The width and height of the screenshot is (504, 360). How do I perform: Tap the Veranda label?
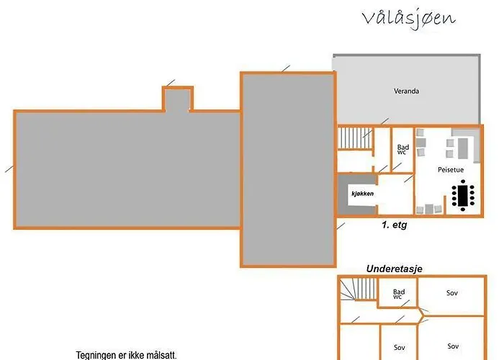pos(406,91)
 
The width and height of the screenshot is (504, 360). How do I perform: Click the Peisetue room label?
pos(451,170)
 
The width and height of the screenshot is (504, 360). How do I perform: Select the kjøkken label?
pos(363,194)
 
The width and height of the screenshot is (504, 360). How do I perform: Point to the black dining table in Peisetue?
pos(463,195)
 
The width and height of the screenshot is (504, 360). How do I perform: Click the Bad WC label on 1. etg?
pos(402,150)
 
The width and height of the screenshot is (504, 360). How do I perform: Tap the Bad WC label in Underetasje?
pos(399,294)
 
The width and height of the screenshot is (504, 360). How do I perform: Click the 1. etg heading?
pos(394,225)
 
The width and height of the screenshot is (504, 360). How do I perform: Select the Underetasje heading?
pos(395,269)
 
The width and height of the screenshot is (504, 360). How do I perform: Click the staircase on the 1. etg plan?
pos(355,138)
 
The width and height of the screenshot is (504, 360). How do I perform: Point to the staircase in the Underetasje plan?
pos(358,289)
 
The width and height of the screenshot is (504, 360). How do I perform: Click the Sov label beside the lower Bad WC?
pos(452,293)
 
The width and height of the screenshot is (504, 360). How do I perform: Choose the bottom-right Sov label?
pos(453,346)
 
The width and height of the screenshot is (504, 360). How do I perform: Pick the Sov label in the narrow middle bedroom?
pos(400,348)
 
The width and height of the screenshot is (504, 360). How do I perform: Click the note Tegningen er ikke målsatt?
pos(126,356)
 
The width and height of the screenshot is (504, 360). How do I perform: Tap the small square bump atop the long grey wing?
pos(178,99)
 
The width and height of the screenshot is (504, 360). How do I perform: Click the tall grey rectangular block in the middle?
pos(288,169)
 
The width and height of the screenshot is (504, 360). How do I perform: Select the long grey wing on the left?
pos(127,169)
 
